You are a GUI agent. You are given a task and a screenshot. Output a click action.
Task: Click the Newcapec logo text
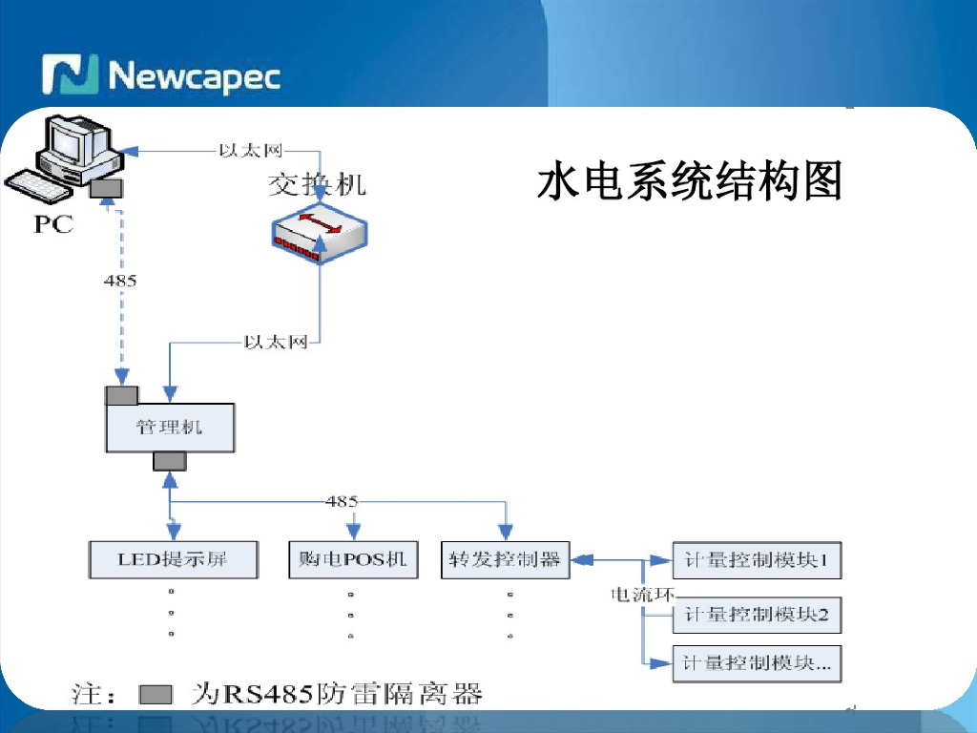coord(195,75)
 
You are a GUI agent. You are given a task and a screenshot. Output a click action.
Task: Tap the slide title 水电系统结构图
coord(689,181)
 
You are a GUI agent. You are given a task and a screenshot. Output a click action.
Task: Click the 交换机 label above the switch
coord(316,184)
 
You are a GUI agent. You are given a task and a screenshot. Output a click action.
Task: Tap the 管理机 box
coord(170,427)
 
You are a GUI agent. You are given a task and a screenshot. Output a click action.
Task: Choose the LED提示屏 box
coord(173,559)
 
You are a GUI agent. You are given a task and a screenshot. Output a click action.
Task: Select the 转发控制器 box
coord(506,559)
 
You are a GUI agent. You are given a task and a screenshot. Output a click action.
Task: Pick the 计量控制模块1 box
coord(757,560)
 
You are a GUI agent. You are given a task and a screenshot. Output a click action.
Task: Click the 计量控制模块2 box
coord(757,616)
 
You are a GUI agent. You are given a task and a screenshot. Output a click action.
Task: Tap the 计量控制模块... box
coord(757,663)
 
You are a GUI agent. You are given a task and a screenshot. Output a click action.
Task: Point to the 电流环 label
coord(641,595)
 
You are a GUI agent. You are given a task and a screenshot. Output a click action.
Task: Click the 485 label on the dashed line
coord(120,281)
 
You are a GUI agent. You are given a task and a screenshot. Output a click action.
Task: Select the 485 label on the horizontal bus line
coord(342,501)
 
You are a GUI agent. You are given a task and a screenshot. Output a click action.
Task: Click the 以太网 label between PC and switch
coord(249,150)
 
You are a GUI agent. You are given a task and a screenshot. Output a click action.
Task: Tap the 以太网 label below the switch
coord(276,342)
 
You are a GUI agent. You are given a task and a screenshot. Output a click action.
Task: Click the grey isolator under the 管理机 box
coord(170,462)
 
